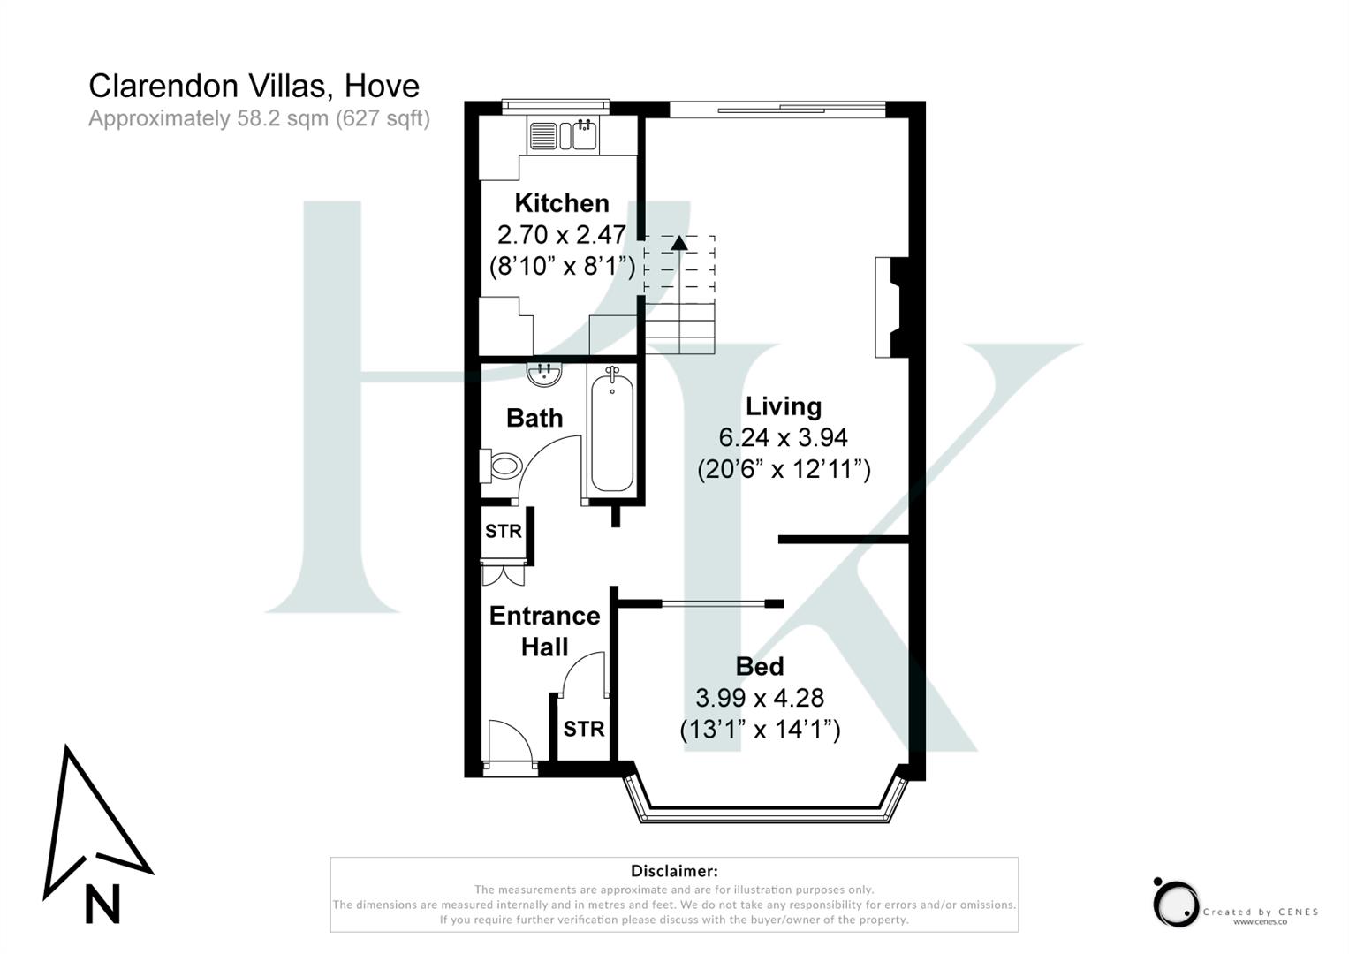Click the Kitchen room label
pos(562,203)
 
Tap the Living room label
pos(784,406)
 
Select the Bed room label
pos(759,666)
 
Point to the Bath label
pos(534,418)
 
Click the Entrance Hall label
pos(544,631)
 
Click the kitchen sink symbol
pos(584,136)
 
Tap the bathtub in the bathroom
pos(611,433)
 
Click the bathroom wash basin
pos(545,375)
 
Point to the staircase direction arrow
pos(678,243)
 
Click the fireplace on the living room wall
pos(890,307)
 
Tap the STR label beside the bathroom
pos(504,532)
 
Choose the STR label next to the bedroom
pos(584,729)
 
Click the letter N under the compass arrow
pos(102,904)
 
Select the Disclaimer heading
pos(674,871)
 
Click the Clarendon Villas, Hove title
pos(254,86)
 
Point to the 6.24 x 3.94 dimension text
pos(784,437)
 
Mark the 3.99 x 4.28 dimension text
pos(760,698)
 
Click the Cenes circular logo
pos(1176,903)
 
